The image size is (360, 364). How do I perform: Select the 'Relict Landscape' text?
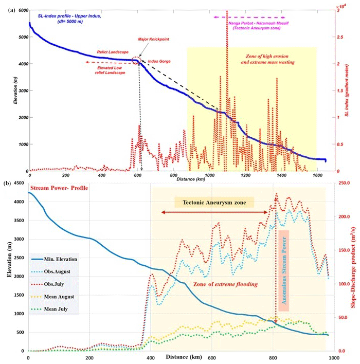[x=110, y=52]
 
